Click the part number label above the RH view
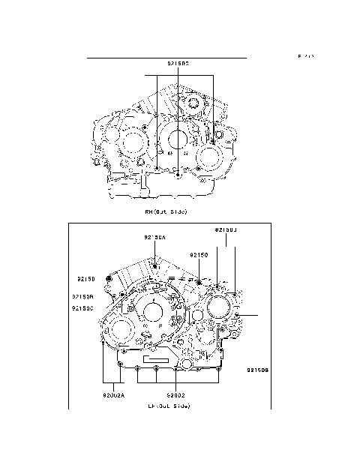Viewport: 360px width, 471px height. tap(178, 64)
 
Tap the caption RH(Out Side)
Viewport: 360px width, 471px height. tap(166, 212)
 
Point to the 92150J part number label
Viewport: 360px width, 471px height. tap(226, 227)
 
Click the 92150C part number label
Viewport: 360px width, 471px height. tap(82, 308)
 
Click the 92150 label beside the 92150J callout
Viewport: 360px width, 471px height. tap(199, 255)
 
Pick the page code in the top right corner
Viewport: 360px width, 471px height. tap(305, 57)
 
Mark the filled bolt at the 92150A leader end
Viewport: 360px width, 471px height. tap(154, 264)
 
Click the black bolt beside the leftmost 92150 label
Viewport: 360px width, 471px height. tap(111, 280)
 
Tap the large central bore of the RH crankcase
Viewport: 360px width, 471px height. tap(177, 139)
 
